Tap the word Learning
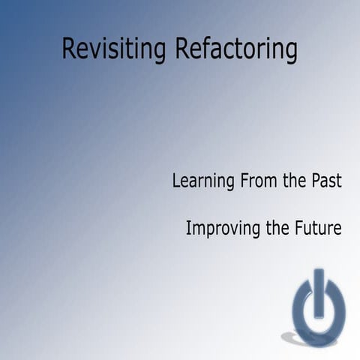(203, 181)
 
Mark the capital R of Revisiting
(68, 49)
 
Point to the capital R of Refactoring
(181, 49)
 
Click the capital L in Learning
(176, 181)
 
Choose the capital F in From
(244, 181)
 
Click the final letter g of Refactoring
(291, 52)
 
